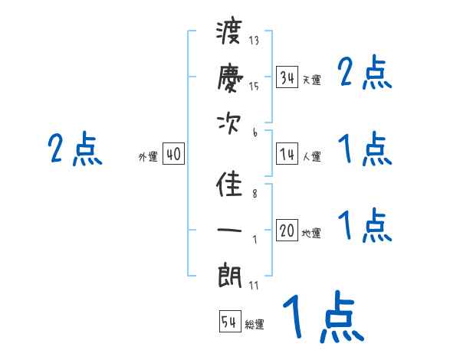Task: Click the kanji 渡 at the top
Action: click(x=230, y=35)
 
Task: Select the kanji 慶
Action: click(x=230, y=78)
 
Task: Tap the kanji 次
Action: click(x=230, y=124)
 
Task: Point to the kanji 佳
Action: click(x=230, y=187)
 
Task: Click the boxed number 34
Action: click(x=287, y=77)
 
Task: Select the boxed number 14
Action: click(x=287, y=155)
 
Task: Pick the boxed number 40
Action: click(x=173, y=155)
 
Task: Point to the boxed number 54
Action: click(x=229, y=322)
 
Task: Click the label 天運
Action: click(x=311, y=80)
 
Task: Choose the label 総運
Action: click(x=255, y=324)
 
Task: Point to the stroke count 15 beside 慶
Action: click(x=255, y=86)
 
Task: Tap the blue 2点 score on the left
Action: click(x=75, y=149)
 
